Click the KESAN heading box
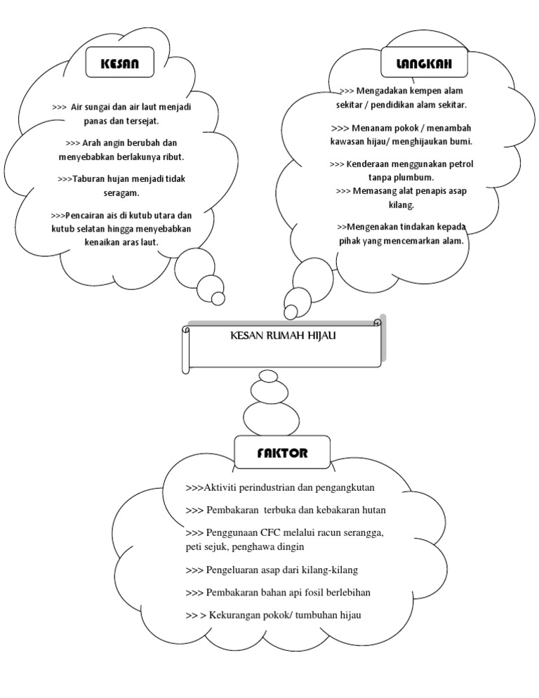(x=120, y=63)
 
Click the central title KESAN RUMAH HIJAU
(x=284, y=336)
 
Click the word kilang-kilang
(x=333, y=569)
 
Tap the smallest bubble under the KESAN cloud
(x=218, y=298)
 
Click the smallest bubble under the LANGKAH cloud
(x=290, y=312)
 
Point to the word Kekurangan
(x=238, y=615)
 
